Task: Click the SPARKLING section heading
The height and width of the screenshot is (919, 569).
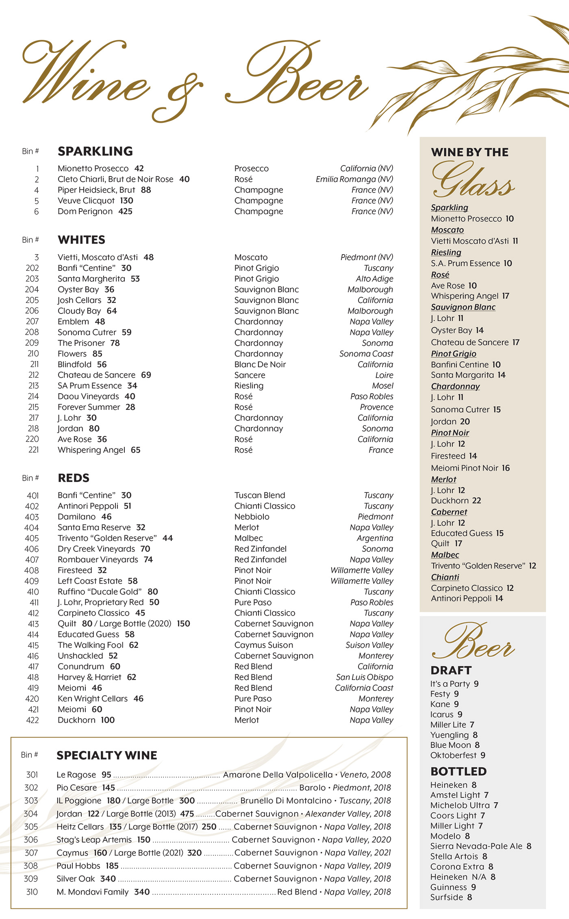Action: coord(95,151)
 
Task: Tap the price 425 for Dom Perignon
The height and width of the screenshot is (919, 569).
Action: coord(125,211)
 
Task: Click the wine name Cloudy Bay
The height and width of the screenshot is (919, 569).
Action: coord(79,311)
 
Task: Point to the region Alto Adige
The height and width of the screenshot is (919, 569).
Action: coord(374,279)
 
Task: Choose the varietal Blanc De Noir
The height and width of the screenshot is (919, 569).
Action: coord(260,364)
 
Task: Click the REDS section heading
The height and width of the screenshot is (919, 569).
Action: coord(74,478)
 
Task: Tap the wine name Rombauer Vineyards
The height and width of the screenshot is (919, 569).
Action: coord(98,560)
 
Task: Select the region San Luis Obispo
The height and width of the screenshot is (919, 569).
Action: coord(364,677)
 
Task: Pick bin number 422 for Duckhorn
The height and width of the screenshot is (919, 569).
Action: coord(33,720)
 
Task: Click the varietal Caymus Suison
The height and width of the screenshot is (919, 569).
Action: coord(264,645)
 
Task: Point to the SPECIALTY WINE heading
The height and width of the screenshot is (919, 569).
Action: coord(107,756)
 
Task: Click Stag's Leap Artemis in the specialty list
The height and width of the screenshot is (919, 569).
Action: coord(94,840)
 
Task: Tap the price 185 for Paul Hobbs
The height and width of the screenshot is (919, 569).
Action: coord(112,866)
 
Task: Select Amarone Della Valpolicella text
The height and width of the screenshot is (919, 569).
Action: coord(278,775)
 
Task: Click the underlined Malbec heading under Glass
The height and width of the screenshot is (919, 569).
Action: coord(445,555)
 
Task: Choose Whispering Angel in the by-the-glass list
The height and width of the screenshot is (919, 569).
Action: coord(465,296)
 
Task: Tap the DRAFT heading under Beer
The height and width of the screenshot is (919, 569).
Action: coord(451,670)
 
